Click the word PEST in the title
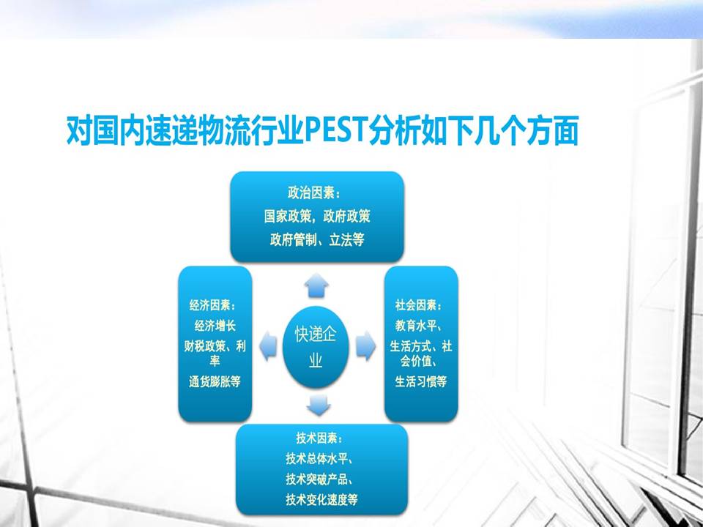(x=336, y=130)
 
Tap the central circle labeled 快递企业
(x=316, y=347)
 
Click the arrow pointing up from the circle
(x=316, y=285)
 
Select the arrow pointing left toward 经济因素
(x=268, y=346)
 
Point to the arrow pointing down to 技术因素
(x=319, y=405)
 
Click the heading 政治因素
(x=314, y=193)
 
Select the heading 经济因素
(x=213, y=306)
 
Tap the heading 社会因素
(x=419, y=306)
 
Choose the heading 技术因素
(x=320, y=438)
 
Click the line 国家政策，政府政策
(x=317, y=217)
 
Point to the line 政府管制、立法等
(x=317, y=240)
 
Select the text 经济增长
(x=215, y=326)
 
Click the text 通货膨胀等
(x=215, y=382)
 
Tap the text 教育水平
(x=416, y=325)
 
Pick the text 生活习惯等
(x=421, y=382)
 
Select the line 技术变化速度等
(x=322, y=500)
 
